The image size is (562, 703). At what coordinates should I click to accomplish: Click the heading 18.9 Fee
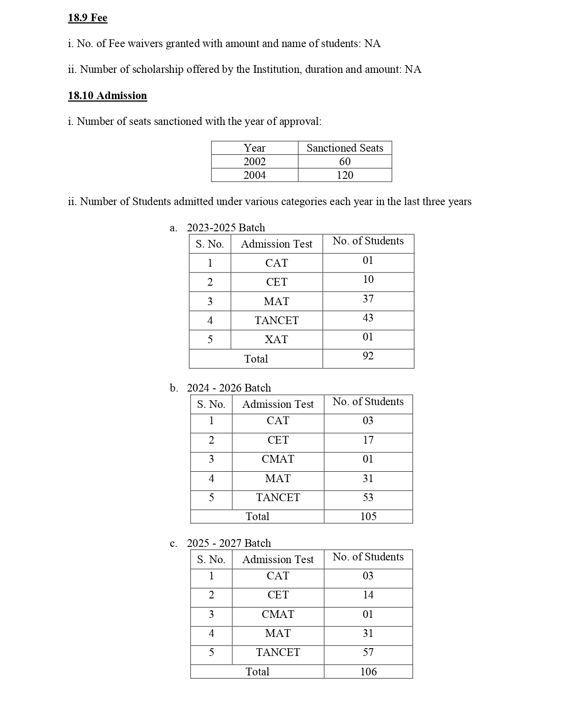coord(87,18)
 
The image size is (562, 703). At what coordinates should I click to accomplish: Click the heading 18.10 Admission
coord(107,96)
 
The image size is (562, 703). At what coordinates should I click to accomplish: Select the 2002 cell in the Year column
coord(255,162)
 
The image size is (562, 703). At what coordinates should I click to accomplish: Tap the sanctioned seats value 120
coord(345,175)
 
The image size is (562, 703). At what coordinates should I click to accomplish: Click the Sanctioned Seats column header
coord(345,148)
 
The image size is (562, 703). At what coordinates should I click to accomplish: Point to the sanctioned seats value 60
coord(345,162)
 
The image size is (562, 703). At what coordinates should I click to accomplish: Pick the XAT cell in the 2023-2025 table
coord(276,340)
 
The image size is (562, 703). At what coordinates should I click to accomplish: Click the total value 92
coord(368,356)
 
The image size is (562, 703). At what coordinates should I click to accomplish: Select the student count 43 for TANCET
coord(368,318)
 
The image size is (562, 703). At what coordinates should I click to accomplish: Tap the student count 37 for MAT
coord(368,299)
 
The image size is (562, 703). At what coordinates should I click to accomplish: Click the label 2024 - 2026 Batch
coord(229,388)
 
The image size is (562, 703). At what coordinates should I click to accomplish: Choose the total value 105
coord(368,516)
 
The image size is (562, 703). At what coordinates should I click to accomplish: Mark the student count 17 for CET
coord(368,440)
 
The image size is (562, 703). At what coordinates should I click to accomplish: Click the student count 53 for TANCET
coord(368,497)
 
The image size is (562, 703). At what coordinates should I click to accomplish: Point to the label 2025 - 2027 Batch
coord(229,543)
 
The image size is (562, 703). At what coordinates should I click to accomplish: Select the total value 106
coord(368,672)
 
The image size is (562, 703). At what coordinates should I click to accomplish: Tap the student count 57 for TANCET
coord(368,652)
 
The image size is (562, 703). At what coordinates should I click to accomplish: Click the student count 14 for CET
coord(368,595)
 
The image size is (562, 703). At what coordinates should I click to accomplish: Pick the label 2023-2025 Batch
coord(226,228)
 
